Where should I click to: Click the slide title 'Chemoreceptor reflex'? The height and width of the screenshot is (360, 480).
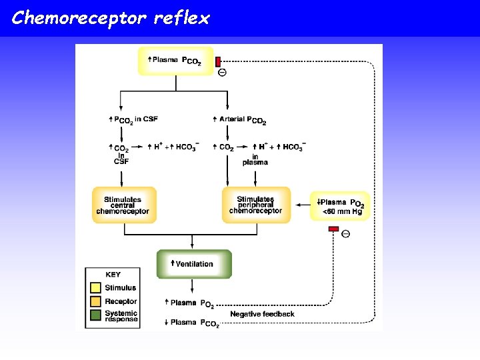click(111, 18)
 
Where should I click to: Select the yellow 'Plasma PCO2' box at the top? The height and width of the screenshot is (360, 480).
click(175, 61)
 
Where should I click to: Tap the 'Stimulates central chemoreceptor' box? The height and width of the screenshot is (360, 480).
click(124, 205)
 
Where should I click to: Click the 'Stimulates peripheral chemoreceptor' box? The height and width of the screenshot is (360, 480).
click(255, 205)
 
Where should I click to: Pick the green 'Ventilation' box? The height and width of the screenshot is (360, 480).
click(194, 264)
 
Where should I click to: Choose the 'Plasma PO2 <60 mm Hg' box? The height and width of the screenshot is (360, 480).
click(339, 206)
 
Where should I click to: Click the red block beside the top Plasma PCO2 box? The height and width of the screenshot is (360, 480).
click(218, 61)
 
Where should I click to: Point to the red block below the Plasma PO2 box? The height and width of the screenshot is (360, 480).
click(333, 229)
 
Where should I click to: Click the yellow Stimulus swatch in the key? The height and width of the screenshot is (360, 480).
click(95, 288)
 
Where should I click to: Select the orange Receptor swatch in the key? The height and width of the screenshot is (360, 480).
click(95, 302)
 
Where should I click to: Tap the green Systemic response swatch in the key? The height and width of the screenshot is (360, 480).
click(95, 315)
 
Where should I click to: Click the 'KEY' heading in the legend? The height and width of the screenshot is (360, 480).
click(113, 274)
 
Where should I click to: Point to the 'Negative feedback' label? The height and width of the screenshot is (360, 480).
click(262, 314)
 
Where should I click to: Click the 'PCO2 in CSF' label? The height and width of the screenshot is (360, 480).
click(133, 119)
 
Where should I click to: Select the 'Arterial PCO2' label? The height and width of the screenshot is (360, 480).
click(239, 120)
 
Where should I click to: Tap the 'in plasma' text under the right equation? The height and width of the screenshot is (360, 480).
click(255, 159)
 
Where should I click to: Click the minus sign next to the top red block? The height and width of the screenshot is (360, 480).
click(222, 73)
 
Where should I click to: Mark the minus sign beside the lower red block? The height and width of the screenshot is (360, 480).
click(345, 233)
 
